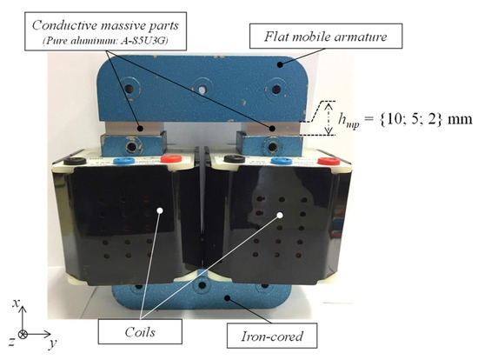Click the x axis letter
click(17, 301)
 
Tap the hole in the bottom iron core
click(202, 284)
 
